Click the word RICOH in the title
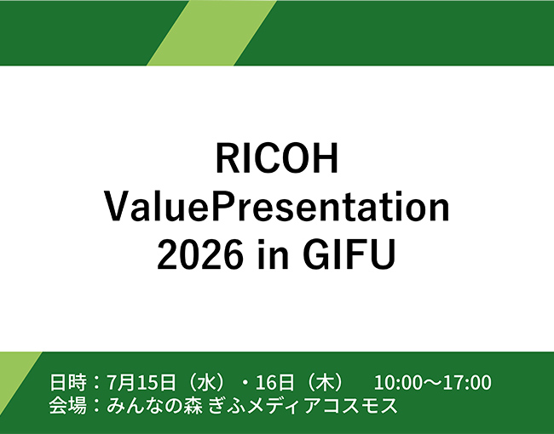coord(277,158)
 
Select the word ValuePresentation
coord(277,207)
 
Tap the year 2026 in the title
coord(200,254)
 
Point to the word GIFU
coord(349,254)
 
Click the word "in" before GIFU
coord(273,254)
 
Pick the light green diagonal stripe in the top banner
coord(212,33)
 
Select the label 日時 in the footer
coord(68,382)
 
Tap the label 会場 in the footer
coord(68,405)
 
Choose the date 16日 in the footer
coord(274,382)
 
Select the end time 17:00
coord(468,383)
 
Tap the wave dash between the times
coord(432,383)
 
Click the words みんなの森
coord(154,405)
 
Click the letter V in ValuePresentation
coord(118,208)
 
